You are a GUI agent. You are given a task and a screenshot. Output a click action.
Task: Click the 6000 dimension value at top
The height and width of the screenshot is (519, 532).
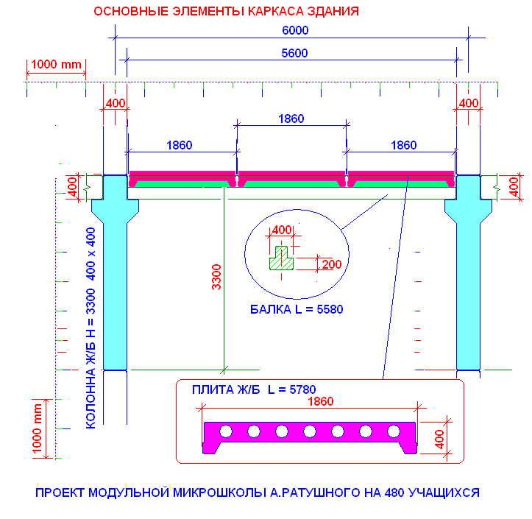click(294, 30)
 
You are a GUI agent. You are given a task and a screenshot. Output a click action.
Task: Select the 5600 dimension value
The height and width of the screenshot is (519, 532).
click(294, 52)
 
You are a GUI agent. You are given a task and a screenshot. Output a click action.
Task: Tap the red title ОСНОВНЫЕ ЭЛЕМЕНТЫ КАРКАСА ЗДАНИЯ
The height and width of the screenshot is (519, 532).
click(227, 12)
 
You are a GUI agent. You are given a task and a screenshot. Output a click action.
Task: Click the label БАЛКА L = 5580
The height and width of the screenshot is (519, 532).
click(297, 310)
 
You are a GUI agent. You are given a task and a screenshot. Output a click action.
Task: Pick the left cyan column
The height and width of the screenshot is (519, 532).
click(115, 280)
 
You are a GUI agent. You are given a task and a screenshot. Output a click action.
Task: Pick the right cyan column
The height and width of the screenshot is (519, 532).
click(469, 280)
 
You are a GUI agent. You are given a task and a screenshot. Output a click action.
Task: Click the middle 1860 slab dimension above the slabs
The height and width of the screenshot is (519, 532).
click(291, 118)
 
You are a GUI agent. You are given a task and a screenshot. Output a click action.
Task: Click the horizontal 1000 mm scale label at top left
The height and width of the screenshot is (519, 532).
click(56, 64)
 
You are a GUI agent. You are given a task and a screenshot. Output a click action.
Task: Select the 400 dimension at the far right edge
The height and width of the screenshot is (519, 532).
click(514, 186)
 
